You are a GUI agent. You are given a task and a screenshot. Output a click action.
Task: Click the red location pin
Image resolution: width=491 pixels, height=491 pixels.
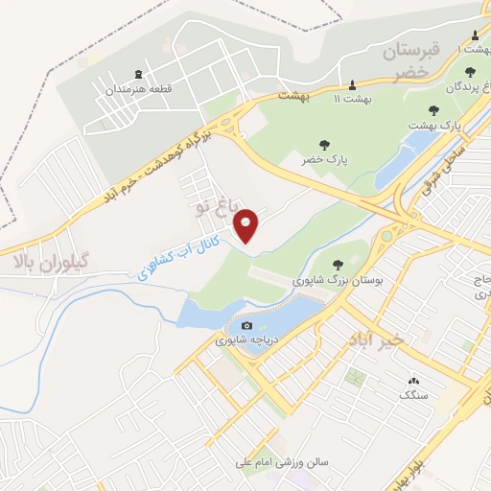click(247, 225)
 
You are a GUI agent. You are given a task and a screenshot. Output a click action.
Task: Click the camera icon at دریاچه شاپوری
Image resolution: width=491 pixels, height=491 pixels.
click(246, 326)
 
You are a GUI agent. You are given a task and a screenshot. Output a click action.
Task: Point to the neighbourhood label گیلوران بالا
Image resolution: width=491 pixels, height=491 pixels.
click(48, 261)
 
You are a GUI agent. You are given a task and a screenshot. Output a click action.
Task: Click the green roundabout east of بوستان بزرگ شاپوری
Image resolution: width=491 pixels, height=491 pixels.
click(386, 235)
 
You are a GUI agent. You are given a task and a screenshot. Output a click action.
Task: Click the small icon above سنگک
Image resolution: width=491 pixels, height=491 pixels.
click(414, 380)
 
